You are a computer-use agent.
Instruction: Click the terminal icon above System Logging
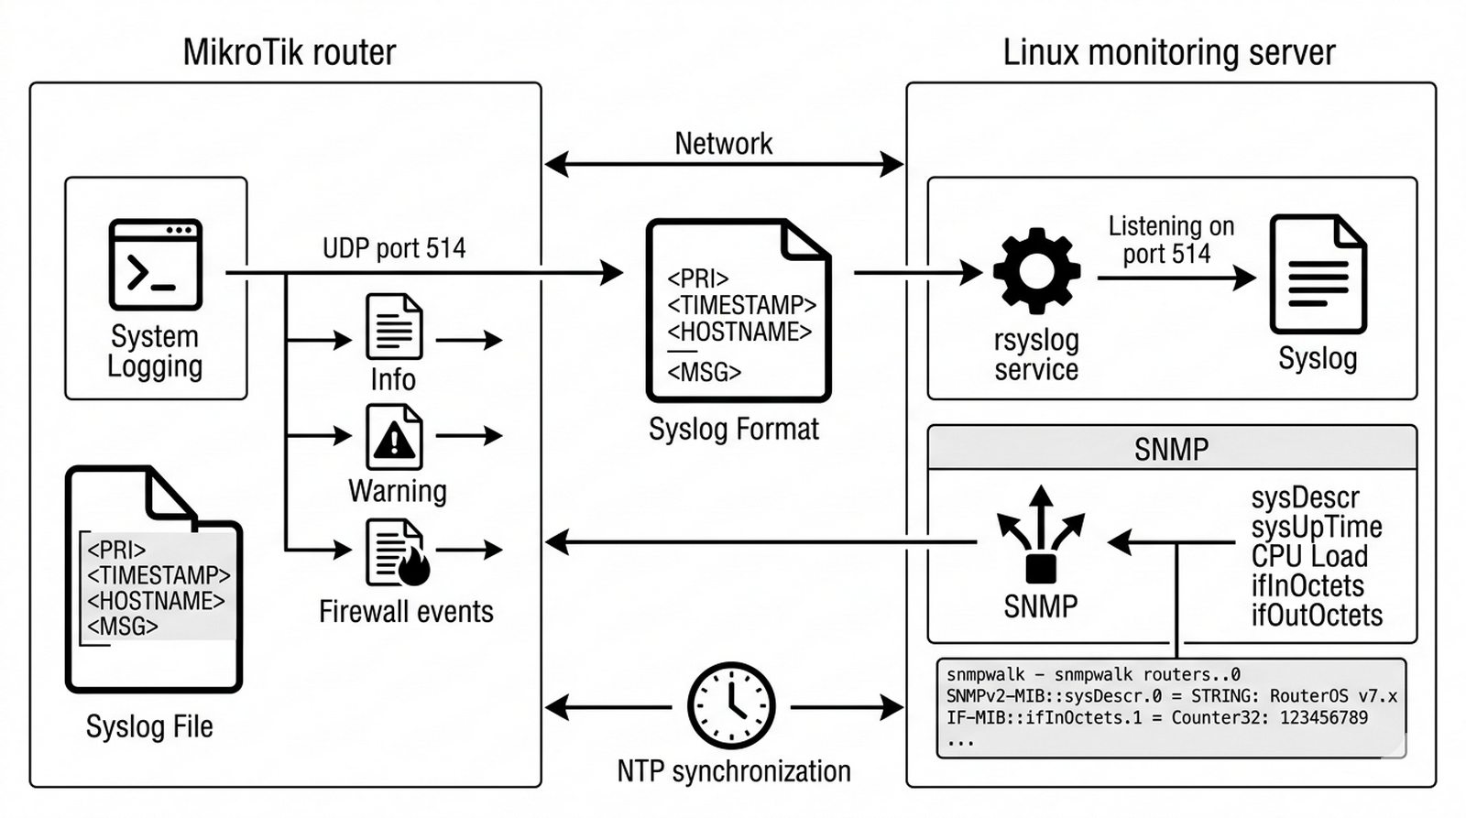[155, 264]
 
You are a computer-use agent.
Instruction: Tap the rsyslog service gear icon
[1036, 271]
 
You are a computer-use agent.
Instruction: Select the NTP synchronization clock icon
[731, 706]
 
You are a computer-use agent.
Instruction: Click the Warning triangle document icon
[394, 437]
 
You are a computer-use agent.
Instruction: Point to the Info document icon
[394, 326]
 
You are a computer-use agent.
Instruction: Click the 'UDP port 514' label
[394, 248]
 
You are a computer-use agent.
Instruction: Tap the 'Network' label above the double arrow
[723, 144]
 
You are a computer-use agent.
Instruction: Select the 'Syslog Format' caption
[733, 429]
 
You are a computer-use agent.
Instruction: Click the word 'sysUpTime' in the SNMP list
[1316, 527]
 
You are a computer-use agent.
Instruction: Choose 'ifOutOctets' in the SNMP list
[1317, 615]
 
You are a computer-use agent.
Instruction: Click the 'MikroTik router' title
[290, 52]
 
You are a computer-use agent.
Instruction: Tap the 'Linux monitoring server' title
[1169, 52]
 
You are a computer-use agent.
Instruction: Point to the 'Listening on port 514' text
[1170, 240]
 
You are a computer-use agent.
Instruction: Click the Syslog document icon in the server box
[1318, 274]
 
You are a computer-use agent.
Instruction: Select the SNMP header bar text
[1171, 449]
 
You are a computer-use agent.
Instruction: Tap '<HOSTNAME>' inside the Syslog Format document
[739, 332]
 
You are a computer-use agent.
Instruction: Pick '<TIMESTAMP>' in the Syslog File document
[159, 575]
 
